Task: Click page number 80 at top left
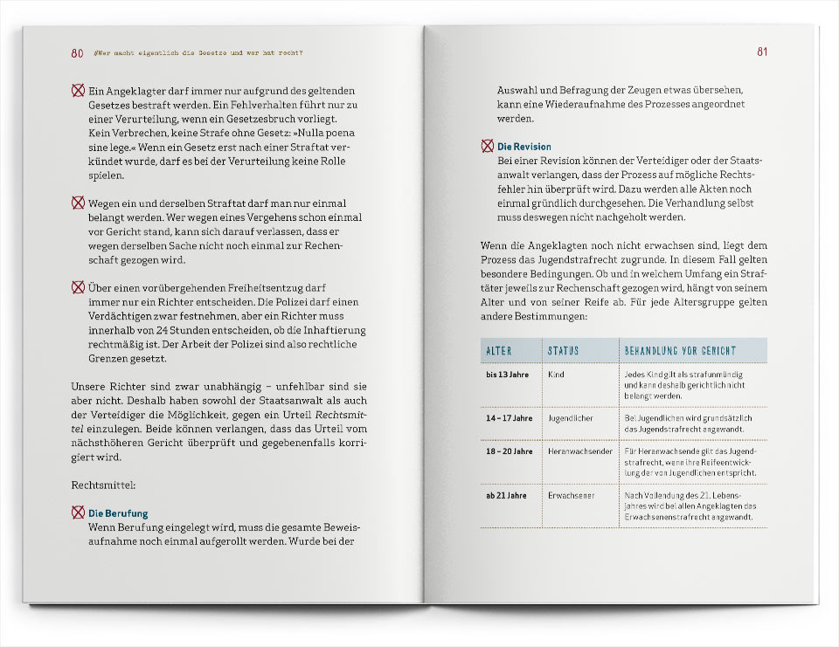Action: coord(78,52)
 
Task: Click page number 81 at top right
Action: coord(761,52)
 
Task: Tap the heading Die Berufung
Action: coord(118,513)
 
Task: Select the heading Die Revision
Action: coord(524,147)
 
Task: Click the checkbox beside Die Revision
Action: coord(487,147)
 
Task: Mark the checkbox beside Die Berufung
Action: coord(78,513)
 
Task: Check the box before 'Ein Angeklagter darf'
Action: coord(78,89)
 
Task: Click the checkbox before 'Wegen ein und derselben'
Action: coord(78,203)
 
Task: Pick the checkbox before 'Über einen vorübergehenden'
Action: coord(78,286)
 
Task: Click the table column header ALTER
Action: coord(498,351)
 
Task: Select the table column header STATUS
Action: coord(563,351)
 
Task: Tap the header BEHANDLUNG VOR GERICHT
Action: coord(680,351)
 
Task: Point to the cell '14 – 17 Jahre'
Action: coord(509,418)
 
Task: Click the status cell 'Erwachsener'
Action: coord(572,495)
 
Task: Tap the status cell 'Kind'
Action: coord(556,375)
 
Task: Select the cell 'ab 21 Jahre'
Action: coord(506,495)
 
